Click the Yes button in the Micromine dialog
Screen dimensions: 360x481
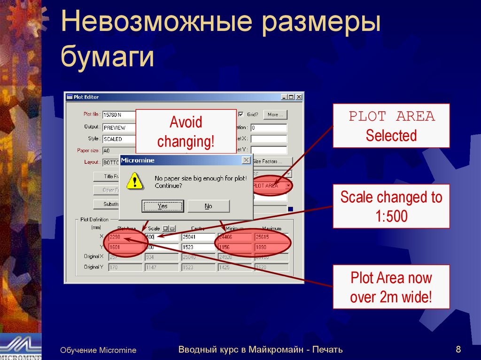[x=162, y=206]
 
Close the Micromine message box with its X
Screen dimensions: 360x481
[x=246, y=161]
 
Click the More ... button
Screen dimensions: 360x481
[x=275, y=115]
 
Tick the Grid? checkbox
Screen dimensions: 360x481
[x=241, y=115]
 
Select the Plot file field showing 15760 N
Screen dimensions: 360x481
[x=119, y=115]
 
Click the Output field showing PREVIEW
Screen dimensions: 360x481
[x=119, y=127]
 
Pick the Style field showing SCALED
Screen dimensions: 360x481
[x=119, y=139]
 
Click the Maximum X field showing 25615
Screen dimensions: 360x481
[x=271, y=237]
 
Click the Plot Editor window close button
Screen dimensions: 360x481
[x=299, y=97]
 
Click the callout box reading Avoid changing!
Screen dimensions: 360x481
[x=186, y=131]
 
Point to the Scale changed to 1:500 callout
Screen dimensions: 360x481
[x=391, y=206]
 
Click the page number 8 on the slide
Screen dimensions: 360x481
[x=458, y=349]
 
